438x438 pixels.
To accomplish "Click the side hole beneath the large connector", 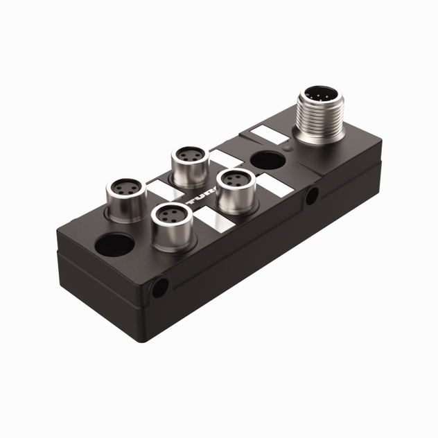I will point(312,195).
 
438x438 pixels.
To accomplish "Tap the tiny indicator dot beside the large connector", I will point(288,147).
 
